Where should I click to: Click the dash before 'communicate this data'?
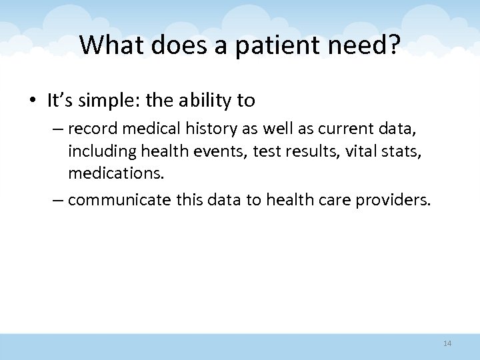(58, 198)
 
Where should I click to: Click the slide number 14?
(447, 343)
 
